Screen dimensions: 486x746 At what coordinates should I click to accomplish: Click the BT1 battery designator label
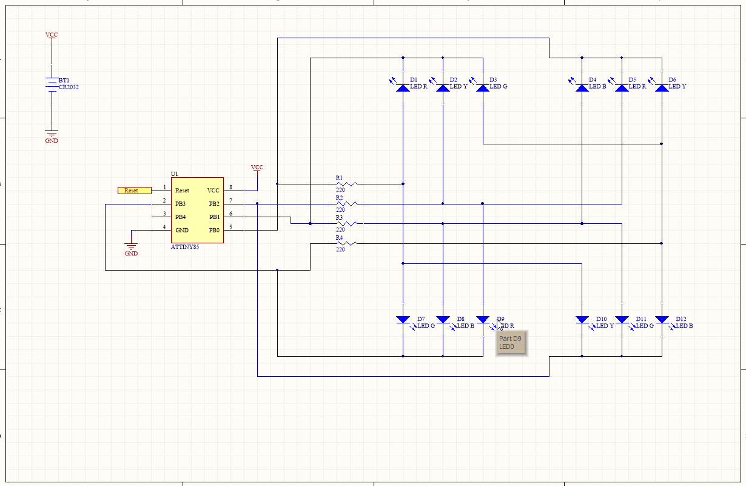pos(64,80)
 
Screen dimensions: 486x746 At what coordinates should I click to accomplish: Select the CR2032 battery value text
pos(69,87)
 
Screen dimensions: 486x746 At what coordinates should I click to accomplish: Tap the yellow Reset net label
pos(134,191)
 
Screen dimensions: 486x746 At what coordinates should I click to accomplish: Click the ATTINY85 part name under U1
pos(185,247)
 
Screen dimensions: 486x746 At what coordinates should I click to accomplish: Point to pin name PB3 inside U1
pos(180,204)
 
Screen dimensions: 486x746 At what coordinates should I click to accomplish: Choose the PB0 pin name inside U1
pos(214,230)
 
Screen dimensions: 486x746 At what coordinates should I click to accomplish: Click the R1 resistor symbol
pos(346,183)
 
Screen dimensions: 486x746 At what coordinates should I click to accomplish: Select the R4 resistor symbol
pos(346,243)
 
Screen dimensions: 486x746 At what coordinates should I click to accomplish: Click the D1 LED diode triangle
pos(403,88)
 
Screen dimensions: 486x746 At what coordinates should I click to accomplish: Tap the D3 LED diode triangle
pos(483,88)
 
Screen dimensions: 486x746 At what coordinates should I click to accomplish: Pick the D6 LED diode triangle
pos(662,88)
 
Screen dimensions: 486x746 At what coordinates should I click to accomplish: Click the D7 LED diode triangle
pos(403,319)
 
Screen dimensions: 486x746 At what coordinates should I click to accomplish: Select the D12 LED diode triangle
pos(662,319)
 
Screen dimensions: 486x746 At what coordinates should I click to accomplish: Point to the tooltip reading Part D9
pos(511,343)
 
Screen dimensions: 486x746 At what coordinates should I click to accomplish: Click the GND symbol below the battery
pos(52,135)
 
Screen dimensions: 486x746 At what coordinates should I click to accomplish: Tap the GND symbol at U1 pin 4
pos(131,248)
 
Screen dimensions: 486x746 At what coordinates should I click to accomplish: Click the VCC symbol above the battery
pos(52,36)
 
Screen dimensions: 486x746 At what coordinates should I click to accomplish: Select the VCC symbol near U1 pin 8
pos(257,168)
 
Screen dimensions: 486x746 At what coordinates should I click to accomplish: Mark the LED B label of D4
pos(597,87)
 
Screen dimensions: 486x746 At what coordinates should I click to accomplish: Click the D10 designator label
pos(601,319)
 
